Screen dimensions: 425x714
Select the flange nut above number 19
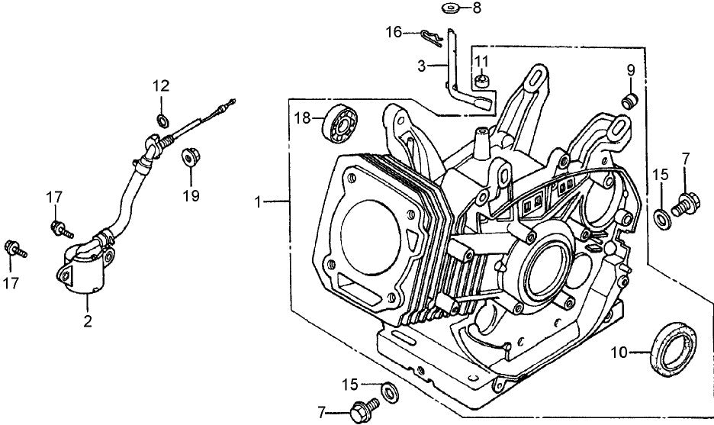point(188,158)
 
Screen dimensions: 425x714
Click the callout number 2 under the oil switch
point(87,322)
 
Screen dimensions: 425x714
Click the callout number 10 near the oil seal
point(619,352)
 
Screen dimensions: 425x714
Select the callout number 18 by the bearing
point(302,118)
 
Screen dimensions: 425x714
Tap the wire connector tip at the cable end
point(227,105)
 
